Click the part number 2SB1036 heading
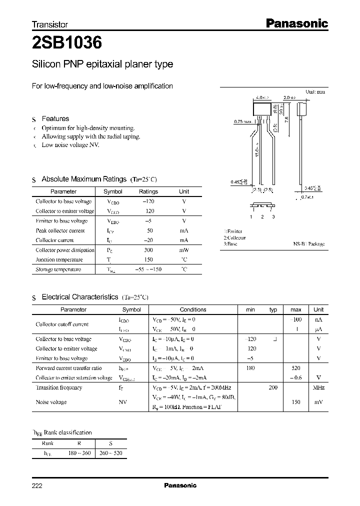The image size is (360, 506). [67, 43]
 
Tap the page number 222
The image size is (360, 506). [37, 485]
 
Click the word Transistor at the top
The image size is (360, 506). [50, 24]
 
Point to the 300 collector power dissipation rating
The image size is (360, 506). [148, 250]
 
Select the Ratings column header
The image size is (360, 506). [148, 191]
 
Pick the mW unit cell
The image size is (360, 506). [184, 250]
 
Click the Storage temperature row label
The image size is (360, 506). [58, 269]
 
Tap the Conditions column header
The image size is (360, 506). [192, 309]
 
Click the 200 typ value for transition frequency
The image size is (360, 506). [273, 387]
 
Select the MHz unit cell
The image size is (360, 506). [318, 387]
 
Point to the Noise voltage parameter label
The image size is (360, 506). [51, 402]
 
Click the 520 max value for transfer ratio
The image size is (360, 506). [295, 368]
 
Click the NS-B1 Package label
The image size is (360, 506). [308, 244]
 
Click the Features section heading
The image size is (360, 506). [55, 119]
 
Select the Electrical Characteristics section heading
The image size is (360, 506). [79, 297]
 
